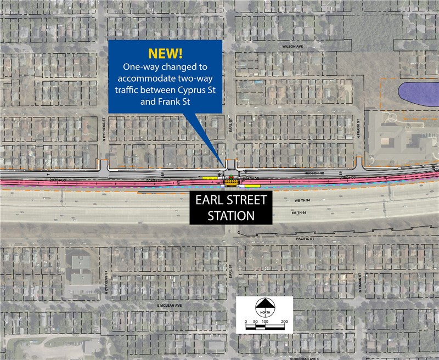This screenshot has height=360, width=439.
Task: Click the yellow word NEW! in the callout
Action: (x=165, y=54)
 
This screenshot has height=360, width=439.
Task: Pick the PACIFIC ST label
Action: (x=304, y=239)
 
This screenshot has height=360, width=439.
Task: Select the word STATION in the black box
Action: (x=231, y=216)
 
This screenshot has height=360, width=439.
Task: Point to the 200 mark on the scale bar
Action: (x=284, y=321)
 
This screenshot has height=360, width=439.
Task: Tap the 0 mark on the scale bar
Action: (x=245, y=321)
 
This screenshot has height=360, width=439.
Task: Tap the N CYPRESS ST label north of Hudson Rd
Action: (x=104, y=130)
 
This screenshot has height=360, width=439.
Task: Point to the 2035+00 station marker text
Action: (x=57, y=180)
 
